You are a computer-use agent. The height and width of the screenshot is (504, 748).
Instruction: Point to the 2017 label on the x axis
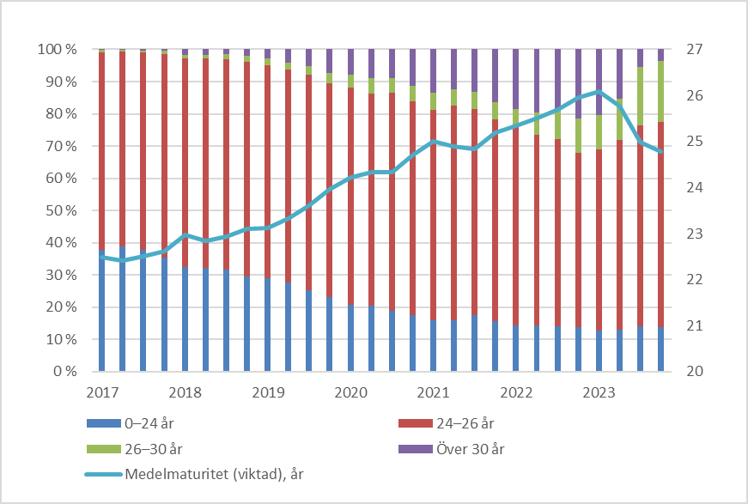[102, 393]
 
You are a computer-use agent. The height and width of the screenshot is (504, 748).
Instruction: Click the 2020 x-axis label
[350, 393]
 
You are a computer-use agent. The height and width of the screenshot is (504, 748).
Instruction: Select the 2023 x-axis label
[599, 393]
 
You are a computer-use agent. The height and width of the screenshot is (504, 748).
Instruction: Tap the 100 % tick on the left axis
[58, 50]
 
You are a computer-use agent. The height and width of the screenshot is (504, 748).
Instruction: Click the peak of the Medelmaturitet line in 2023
[599, 92]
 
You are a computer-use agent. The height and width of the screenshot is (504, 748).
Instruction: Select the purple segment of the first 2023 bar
[599, 82]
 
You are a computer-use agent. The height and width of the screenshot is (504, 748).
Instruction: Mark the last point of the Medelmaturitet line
[661, 151]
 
